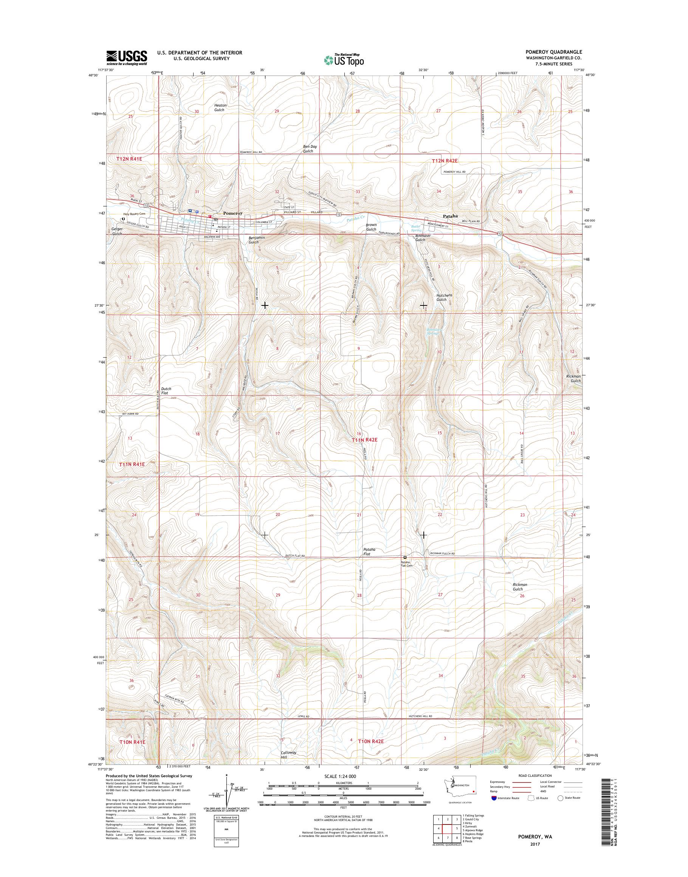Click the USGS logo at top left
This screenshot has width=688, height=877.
pos(126,57)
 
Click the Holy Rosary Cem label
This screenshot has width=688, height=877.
pos(134,214)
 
